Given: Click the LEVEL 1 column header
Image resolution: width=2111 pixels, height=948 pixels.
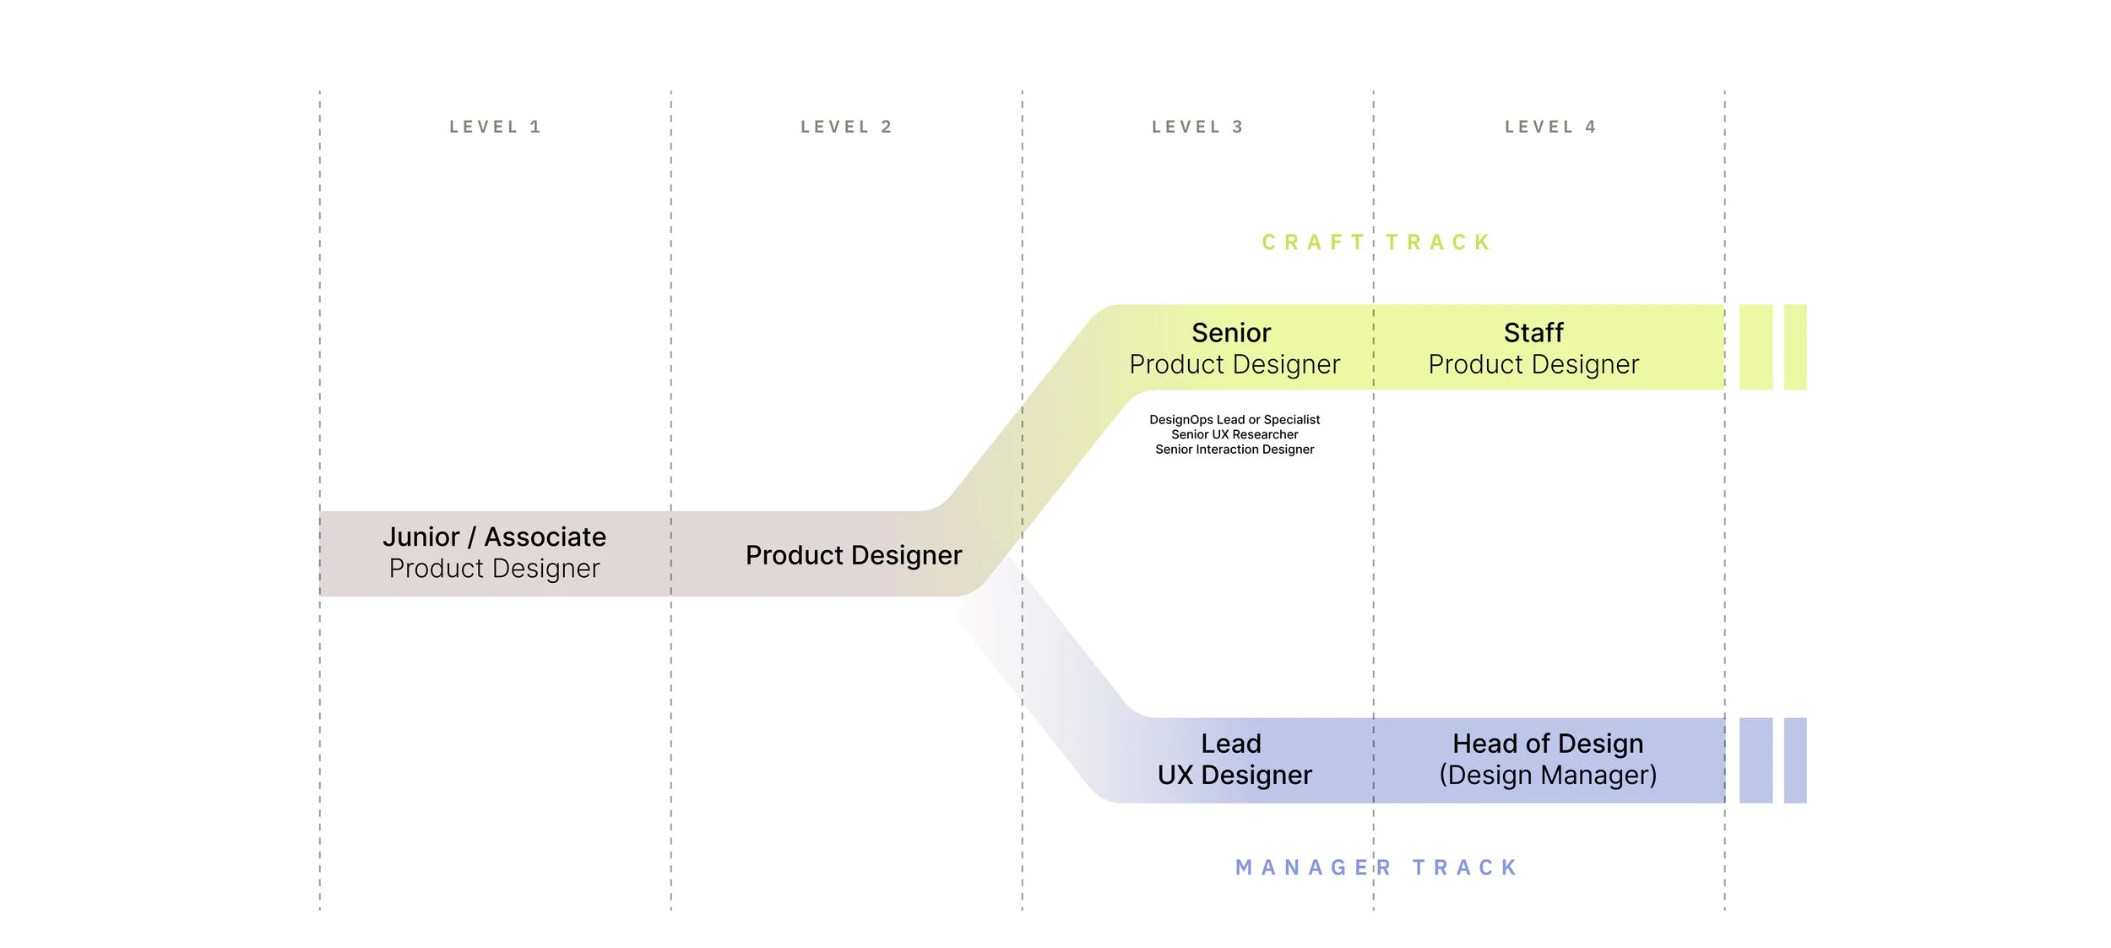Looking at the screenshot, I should (495, 128).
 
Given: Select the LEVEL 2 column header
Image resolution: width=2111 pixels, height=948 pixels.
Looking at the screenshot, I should (846, 128).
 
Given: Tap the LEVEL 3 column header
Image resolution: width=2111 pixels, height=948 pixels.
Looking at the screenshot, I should (1197, 128).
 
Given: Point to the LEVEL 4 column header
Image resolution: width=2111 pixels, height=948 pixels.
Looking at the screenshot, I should (1550, 128).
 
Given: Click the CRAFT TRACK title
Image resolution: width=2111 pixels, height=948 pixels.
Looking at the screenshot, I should (1376, 243).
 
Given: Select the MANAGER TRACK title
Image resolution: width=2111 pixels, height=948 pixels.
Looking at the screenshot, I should (1376, 868).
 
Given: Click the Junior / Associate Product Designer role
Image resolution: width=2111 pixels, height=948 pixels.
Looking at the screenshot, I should (494, 553).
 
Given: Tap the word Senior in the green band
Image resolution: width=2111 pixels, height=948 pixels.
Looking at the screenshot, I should (1231, 333).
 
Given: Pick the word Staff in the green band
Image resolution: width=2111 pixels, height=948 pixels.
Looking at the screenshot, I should (1533, 333).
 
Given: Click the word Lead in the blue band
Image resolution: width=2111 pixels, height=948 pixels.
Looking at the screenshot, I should (1231, 744).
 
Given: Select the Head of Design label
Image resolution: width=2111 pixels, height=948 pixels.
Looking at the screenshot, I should (1548, 744).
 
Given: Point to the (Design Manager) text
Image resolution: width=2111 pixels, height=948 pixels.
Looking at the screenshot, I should (1548, 775).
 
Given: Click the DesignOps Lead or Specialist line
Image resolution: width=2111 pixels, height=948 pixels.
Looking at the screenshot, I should (1235, 420).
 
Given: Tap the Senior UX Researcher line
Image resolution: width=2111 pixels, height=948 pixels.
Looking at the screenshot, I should (1235, 434).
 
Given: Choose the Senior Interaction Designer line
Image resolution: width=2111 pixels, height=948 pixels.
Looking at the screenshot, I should (1235, 449).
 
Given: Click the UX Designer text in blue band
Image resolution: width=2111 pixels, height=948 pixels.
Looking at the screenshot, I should (1235, 775).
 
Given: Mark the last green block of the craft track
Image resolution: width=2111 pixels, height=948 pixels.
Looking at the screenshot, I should (1795, 347).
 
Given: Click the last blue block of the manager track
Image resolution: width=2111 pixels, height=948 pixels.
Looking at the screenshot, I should (1795, 760).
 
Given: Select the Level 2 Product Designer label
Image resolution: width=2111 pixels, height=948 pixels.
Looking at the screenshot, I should (854, 555).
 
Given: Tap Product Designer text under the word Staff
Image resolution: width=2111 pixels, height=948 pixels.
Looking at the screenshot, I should (1533, 364).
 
